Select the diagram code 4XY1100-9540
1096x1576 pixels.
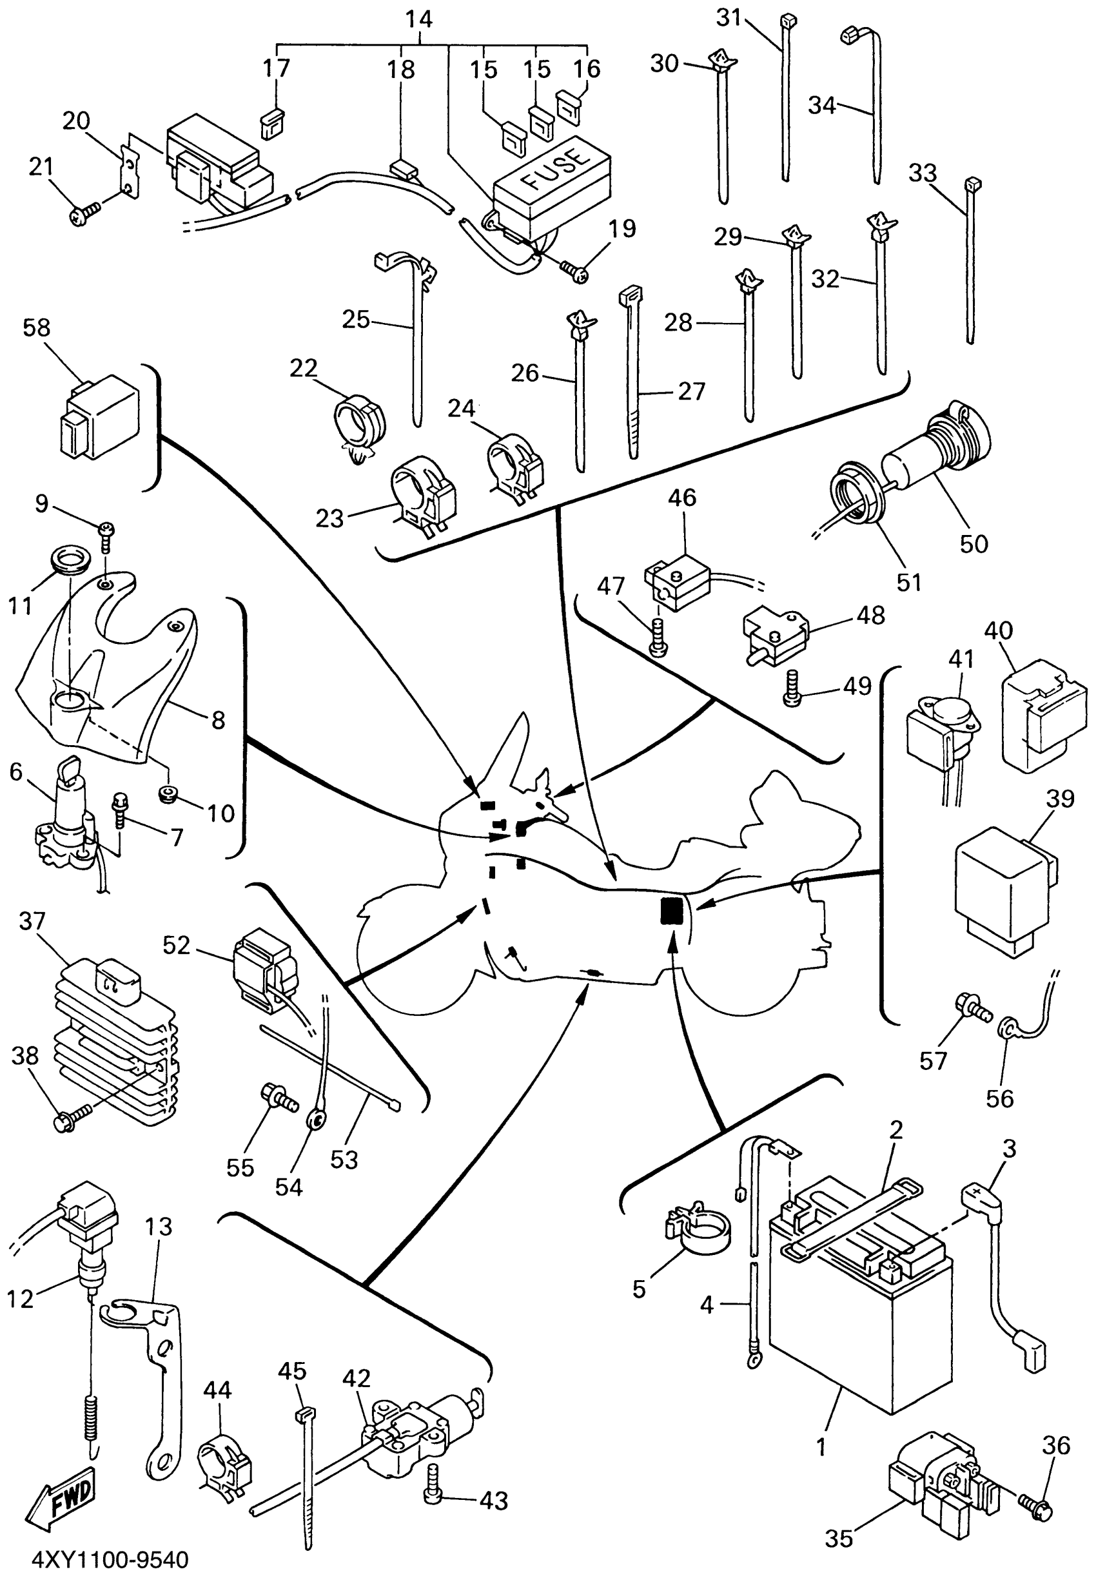[x=110, y=1559]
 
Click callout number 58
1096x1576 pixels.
[x=36, y=327]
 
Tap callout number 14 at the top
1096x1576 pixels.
[x=418, y=19]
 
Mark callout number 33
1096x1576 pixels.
[x=923, y=173]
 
